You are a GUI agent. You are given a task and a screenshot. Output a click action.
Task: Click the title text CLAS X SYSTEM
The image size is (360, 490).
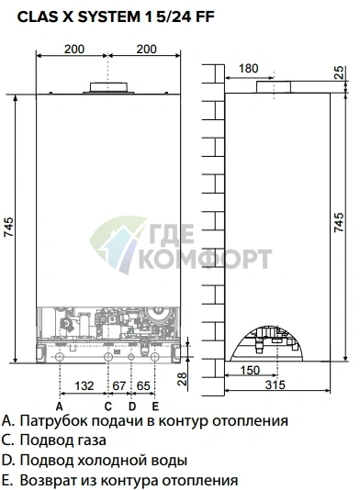click(x=79, y=17)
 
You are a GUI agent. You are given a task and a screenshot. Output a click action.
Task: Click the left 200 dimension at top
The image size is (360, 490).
click(x=74, y=49)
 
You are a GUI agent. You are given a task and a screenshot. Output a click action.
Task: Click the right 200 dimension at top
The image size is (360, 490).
click(x=146, y=49)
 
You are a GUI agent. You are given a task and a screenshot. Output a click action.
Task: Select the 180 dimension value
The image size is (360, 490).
click(x=248, y=69)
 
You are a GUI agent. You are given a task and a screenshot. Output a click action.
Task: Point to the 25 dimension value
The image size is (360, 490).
click(x=339, y=72)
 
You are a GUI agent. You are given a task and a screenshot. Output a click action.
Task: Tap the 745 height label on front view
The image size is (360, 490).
click(x=9, y=227)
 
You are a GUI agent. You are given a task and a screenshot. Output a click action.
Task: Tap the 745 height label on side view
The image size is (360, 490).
click(x=339, y=222)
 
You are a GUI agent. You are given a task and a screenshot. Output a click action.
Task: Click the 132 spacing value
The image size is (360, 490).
click(x=84, y=385)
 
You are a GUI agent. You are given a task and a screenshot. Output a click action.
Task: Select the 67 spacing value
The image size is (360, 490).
click(x=118, y=385)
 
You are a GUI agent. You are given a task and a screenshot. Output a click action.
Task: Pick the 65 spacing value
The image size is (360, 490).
click(x=143, y=385)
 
